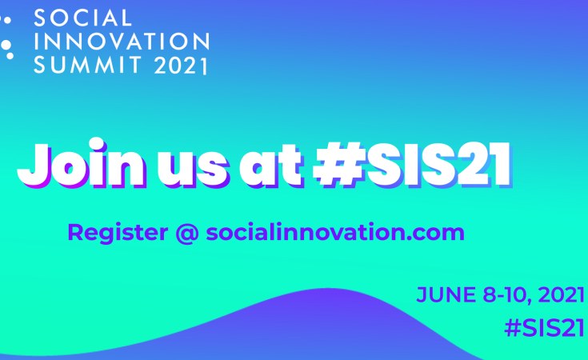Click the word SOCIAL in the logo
tap(83, 18)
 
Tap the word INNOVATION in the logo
tap(122, 42)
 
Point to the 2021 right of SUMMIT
tap(181, 66)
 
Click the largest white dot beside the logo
tap(6, 45)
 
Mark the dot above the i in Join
tap(97, 144)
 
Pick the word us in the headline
tap(192, 168)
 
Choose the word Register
tap(118, 233)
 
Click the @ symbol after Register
tap(186, 233)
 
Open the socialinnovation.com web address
tap(335, 232)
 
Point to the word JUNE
tap(446, 294)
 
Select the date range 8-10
tap(507, 295)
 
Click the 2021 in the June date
tap(562, 294)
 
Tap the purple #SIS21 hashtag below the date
tap(545, 328)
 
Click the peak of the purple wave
tap(322, 289)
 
